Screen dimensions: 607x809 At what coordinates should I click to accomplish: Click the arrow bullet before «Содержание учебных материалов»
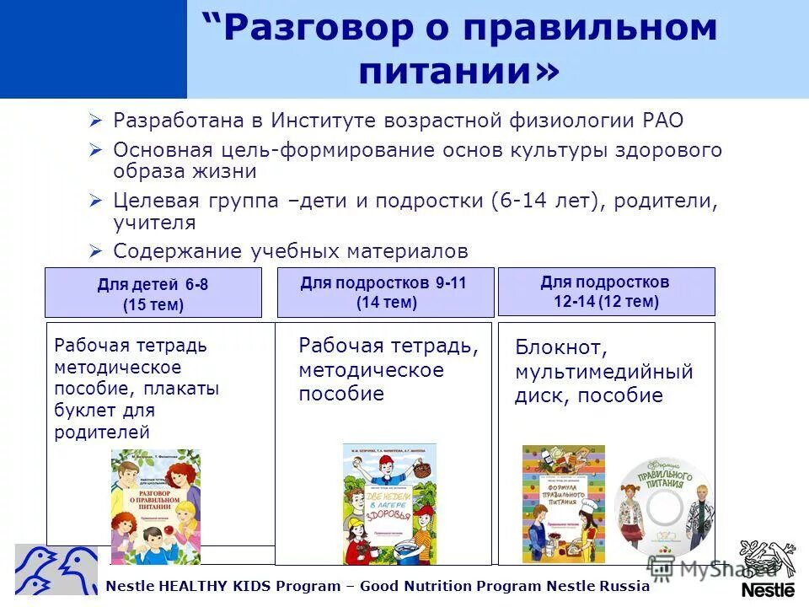coord(96,251)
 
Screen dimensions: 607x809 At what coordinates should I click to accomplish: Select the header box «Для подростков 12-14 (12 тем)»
coord(606,292)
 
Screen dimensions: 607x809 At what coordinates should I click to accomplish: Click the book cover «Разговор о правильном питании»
coord(155,506)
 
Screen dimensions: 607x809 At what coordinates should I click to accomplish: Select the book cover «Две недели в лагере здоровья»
coord(389,503)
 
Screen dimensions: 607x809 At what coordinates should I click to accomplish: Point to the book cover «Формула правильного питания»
coord(564,503)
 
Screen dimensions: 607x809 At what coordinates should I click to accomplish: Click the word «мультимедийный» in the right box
coord(603,372)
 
